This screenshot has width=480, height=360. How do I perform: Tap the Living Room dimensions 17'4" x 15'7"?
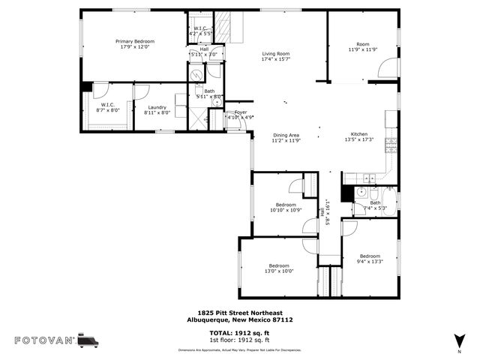[275, 60]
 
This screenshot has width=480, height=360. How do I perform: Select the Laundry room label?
[157, 107]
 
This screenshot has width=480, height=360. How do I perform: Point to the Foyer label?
[241, 112]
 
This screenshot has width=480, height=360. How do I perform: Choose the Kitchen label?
[358, 134]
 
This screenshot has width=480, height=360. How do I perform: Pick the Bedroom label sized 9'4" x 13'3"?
[370, 256]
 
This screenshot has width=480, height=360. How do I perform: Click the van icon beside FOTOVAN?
[88, 340]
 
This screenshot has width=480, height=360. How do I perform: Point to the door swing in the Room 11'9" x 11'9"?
[388, 69]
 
